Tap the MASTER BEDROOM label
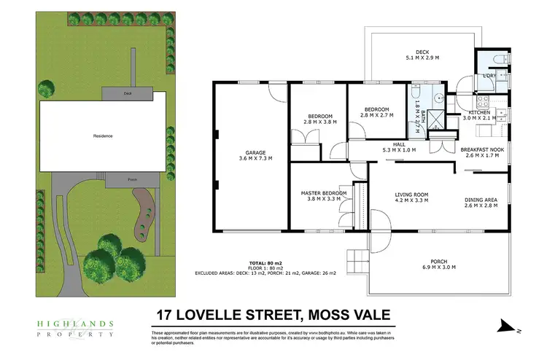[x=324, y=193]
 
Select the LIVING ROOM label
[x=411, y=195]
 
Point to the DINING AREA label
[x=481, y=199]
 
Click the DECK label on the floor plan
[x=423, y=51]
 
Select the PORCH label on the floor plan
[x=439, y=261]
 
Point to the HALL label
[x=399, y=144]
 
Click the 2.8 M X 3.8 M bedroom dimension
[x=319, y=122]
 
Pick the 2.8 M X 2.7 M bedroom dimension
[x=376, y=115]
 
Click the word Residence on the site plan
[x=103, y=136]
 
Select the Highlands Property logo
[x=74, y=328]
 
